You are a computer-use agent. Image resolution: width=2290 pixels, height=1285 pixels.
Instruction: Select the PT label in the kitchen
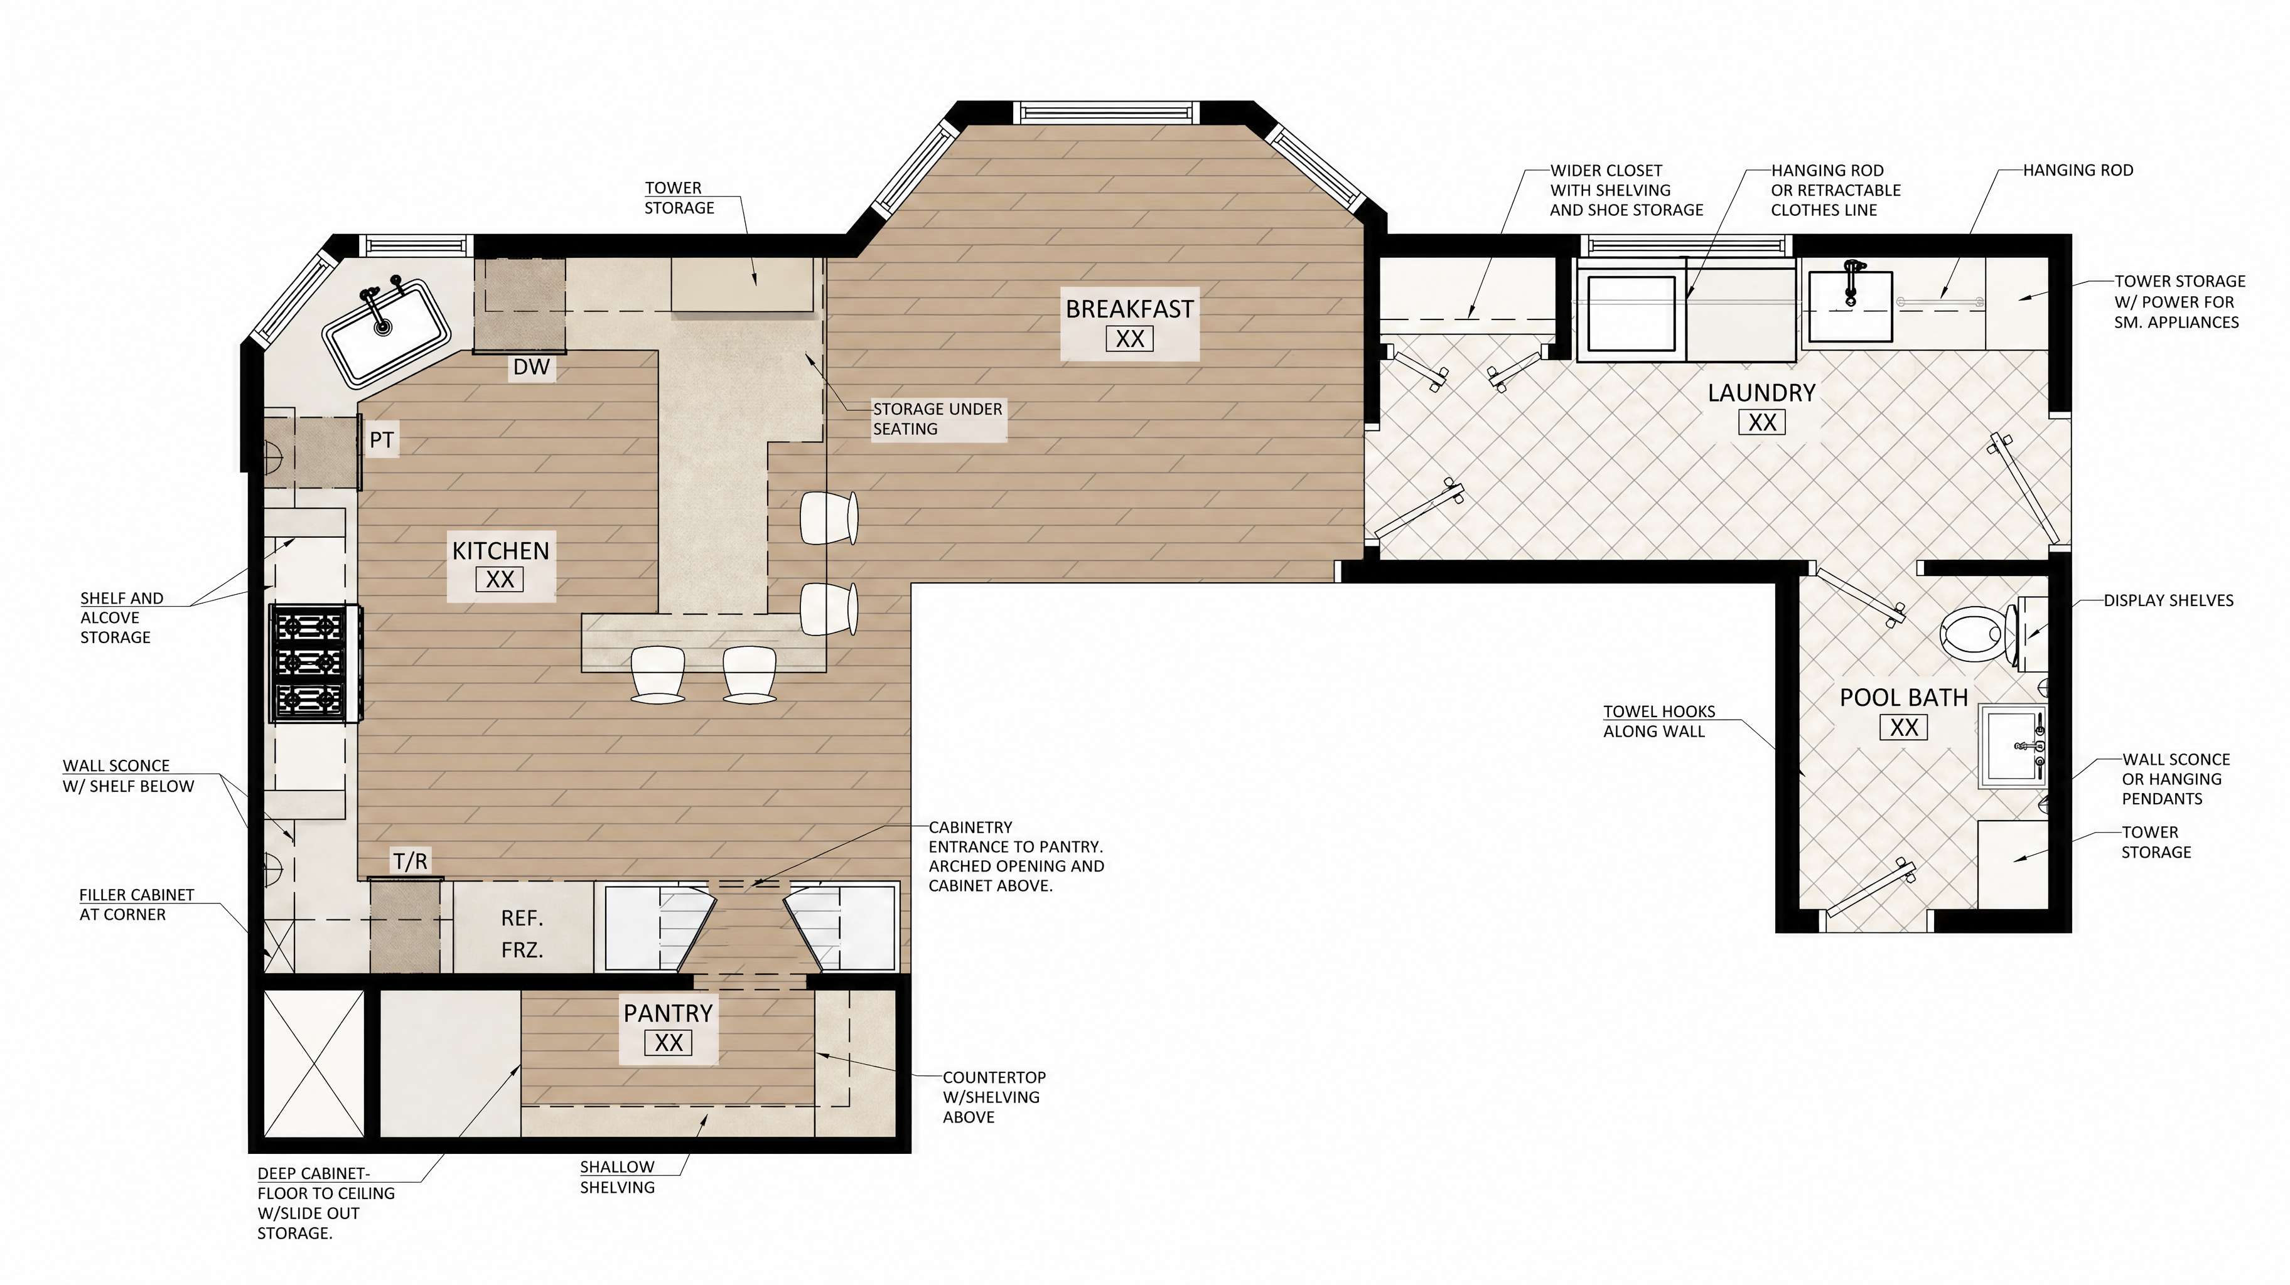pos(382,440)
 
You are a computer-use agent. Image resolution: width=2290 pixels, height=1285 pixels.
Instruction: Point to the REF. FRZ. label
pos(522,934)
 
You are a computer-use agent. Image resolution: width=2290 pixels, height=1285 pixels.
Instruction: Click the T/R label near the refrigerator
pos(411,861)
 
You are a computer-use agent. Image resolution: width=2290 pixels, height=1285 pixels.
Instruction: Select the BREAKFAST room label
pos(1130,309)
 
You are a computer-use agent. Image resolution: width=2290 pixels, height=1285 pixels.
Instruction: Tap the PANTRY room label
pos(668,1013)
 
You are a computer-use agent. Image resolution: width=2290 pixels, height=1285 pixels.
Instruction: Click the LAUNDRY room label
pos(1761,393)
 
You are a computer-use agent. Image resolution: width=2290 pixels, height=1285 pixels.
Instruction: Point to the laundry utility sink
pos(1849,306)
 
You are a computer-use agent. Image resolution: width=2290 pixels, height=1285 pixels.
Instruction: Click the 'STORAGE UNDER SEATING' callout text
pos(937,419)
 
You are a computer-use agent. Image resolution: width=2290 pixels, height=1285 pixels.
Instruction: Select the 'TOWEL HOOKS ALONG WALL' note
pos(1659,722)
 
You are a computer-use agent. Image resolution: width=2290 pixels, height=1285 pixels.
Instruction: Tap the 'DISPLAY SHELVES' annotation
pos(2168,600)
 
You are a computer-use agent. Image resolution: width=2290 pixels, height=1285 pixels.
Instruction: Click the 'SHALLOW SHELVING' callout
pos(617,1176)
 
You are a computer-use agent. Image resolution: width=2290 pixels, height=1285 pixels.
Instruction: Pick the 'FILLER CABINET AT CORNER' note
pos(136,905)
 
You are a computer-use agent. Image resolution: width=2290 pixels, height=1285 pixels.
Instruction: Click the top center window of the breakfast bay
pos(1106,113)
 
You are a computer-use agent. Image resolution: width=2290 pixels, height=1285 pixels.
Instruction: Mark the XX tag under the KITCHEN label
pos(500,579)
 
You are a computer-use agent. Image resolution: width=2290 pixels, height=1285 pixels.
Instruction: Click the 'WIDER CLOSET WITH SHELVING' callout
pos(1626,190)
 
